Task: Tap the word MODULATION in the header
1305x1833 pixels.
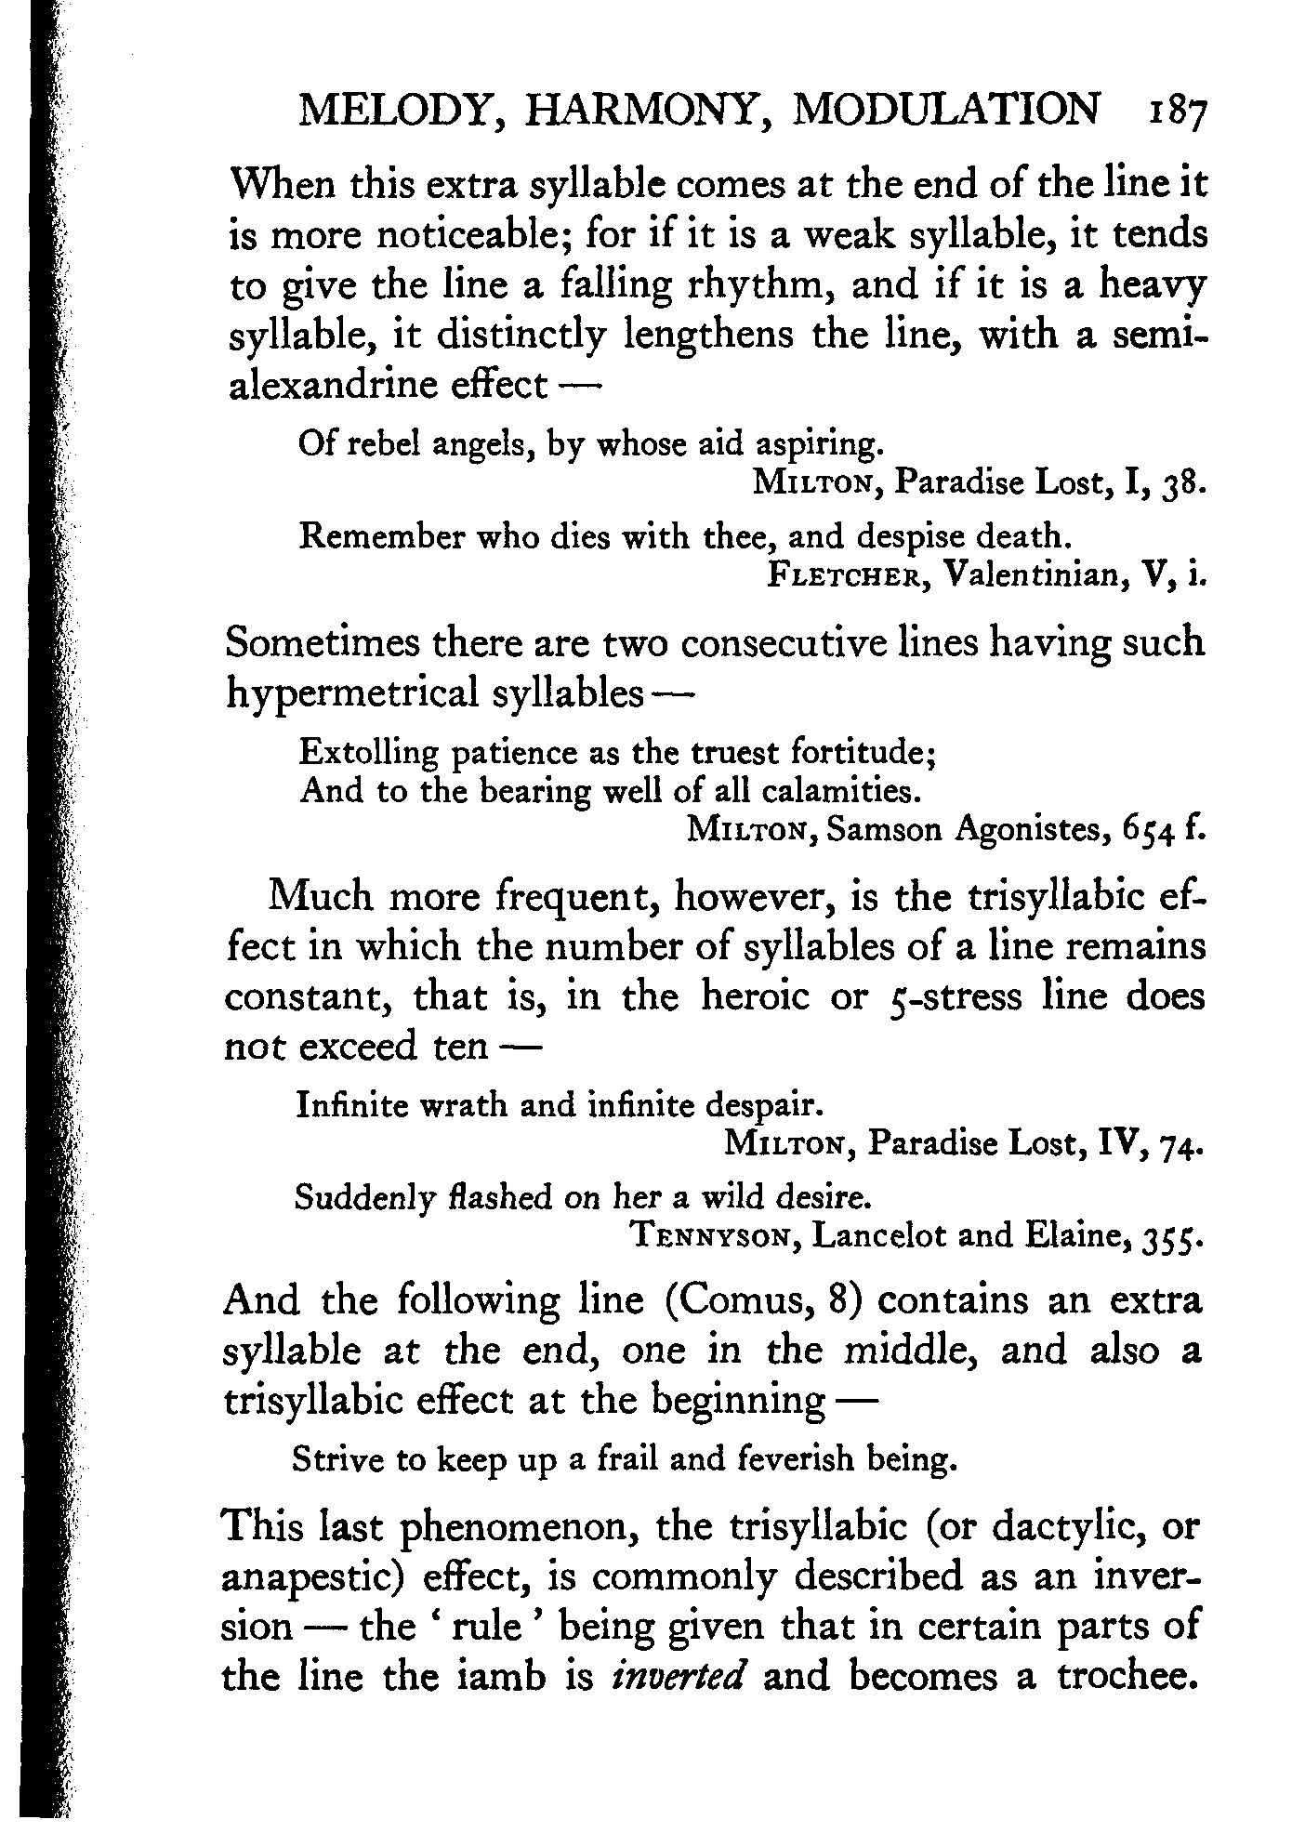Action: coord(946,112)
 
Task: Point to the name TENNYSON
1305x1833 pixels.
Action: coord(715,1236)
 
